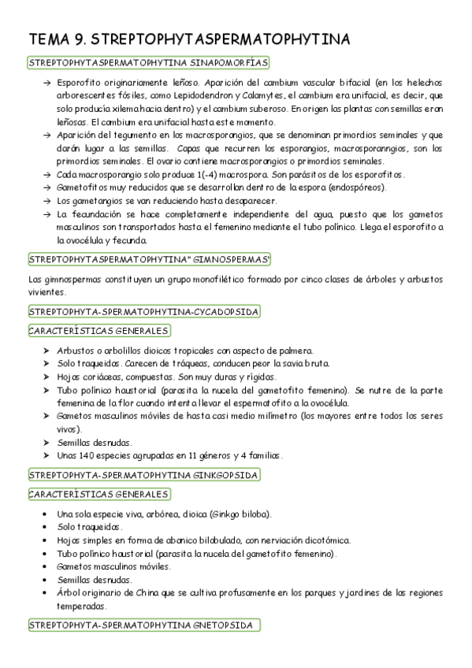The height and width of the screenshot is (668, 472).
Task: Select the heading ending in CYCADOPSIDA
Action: (x=143, y=312)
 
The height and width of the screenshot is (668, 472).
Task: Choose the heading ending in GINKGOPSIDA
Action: (x=143, y=474)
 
